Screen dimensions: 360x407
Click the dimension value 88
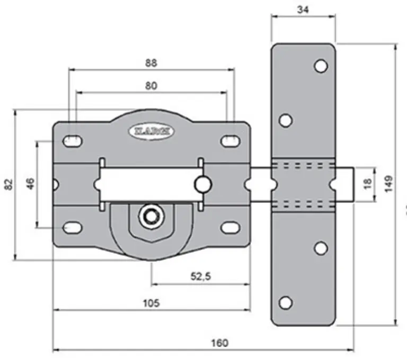(x=151, y=62)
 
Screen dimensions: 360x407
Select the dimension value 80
(x=151, y=85)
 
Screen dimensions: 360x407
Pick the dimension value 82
(x=7, y=185)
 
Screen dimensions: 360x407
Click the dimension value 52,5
(x=200, y=276)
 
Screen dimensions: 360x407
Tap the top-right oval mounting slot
(x=230, y=141)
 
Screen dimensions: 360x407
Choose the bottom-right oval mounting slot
(x=230, y=227)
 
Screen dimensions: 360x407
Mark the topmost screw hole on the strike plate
(x=320, y=66)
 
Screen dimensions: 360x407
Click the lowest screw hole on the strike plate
(x=285, y=302)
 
